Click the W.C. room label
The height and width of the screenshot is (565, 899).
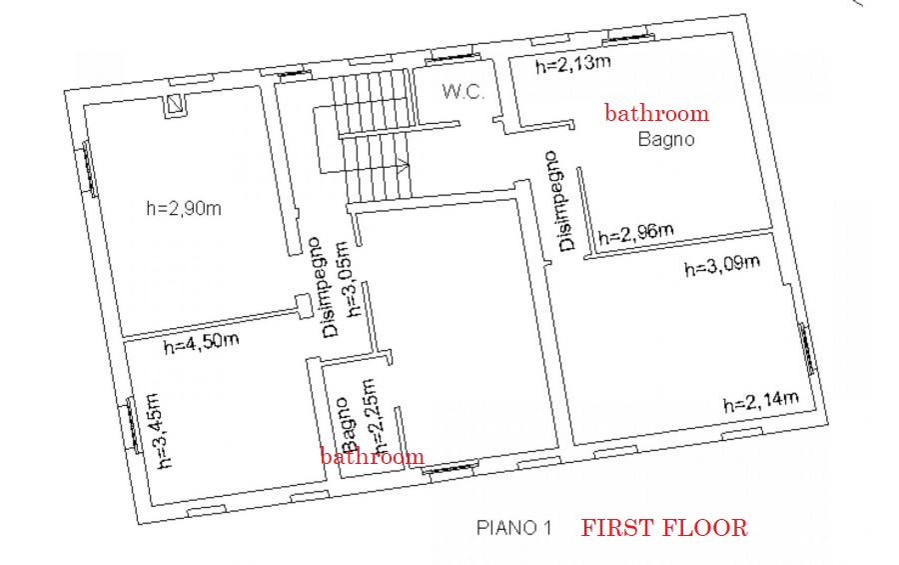(463, 92)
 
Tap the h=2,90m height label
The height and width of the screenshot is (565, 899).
(184, 207)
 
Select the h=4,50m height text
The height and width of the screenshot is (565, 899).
(201, 343)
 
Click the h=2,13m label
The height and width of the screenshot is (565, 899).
(572, 63)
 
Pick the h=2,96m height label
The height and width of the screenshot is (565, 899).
(636, 234)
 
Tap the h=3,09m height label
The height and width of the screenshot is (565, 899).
(722, 265)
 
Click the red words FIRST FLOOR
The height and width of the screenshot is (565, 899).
(664, 527)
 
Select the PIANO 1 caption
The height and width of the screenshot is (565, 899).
(513, 527)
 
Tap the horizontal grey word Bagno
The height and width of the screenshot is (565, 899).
(666, 140)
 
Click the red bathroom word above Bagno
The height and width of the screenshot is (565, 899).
(656, 113)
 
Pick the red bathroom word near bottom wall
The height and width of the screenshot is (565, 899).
(373, 456)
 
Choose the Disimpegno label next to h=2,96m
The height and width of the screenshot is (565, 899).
(560, 201)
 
